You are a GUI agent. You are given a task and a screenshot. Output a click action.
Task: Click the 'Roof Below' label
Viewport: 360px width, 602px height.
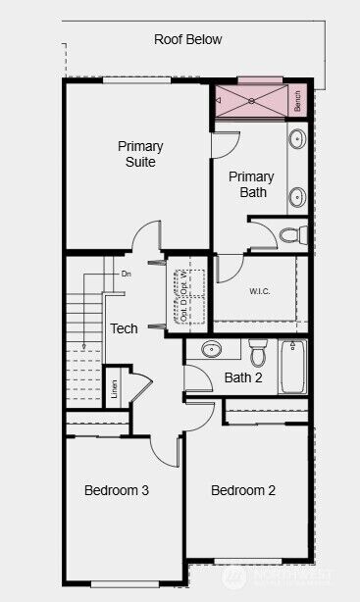pos(187,40)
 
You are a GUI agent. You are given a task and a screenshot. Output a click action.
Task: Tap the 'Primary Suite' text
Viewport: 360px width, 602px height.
pos(140,154)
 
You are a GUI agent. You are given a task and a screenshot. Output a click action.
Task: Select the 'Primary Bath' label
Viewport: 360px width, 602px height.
pos(251,184)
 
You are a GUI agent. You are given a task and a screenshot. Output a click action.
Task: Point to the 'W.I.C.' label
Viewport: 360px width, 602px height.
pos(260,291)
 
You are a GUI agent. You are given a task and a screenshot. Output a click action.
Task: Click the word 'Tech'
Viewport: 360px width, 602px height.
pos(124,329)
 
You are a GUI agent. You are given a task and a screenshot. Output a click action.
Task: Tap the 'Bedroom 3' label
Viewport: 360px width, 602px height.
pos(116,490)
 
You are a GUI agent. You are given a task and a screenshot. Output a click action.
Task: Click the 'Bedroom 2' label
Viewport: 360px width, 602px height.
pos(243,490)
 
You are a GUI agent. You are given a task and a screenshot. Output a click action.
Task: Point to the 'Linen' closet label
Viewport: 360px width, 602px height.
pos(115,389)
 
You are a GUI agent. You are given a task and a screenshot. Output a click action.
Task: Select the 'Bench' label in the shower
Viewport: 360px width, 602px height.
pos(297,100)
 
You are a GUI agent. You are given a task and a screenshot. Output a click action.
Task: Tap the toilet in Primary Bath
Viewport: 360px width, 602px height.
pos(291,234)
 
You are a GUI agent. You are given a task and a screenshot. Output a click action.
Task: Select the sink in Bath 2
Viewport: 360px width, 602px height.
pos(212,349)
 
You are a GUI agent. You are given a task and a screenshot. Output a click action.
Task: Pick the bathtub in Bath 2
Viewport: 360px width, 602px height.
pos(293,366)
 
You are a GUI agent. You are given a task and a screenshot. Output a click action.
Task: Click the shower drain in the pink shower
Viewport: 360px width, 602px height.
pos(251,100)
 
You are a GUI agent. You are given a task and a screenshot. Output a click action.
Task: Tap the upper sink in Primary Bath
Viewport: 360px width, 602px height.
pos(297,140)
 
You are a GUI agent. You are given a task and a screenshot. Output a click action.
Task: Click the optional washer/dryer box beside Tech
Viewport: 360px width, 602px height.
pos(188,290)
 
